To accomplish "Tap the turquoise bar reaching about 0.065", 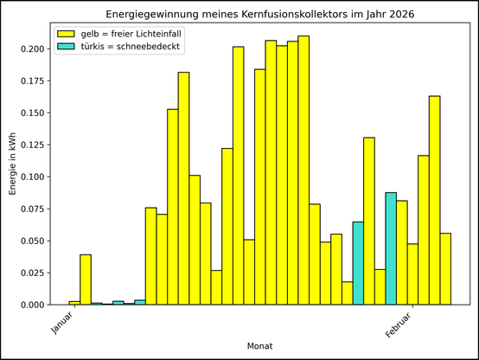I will pos(358,263).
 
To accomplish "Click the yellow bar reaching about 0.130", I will pos(369,221).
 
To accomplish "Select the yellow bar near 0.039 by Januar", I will pos(86,280).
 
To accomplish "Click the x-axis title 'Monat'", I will pos(260,346).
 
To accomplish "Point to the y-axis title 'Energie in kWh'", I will pos(12,164).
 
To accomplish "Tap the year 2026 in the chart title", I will pos(400,15).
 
